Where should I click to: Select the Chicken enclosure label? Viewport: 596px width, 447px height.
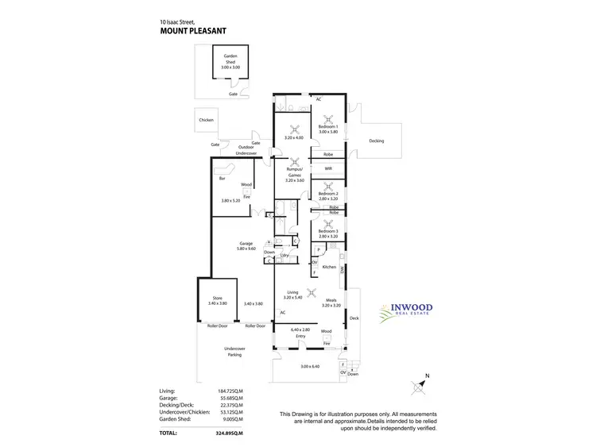point(207,120)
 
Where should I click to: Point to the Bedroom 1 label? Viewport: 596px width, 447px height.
point(329,129)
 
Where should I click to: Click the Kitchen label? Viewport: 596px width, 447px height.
point(329,267)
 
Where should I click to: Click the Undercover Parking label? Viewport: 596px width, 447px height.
point(234,352)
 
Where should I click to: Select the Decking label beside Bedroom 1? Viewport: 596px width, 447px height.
point(377,141)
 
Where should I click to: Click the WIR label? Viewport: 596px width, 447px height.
point(328,168)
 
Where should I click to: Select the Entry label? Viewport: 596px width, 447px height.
point(300,336)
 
